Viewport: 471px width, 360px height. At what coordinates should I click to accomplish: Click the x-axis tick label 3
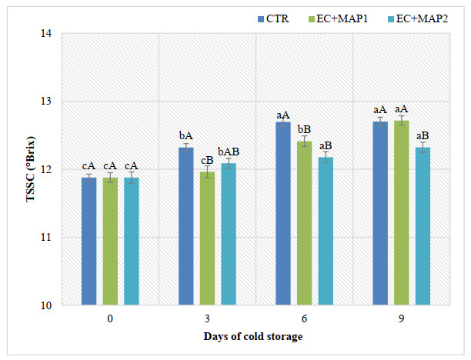(x=208, y=318)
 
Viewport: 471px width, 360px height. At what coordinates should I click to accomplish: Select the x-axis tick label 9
(x=402, y=318)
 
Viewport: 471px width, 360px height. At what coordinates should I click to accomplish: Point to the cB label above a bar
(x=208, y=160)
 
